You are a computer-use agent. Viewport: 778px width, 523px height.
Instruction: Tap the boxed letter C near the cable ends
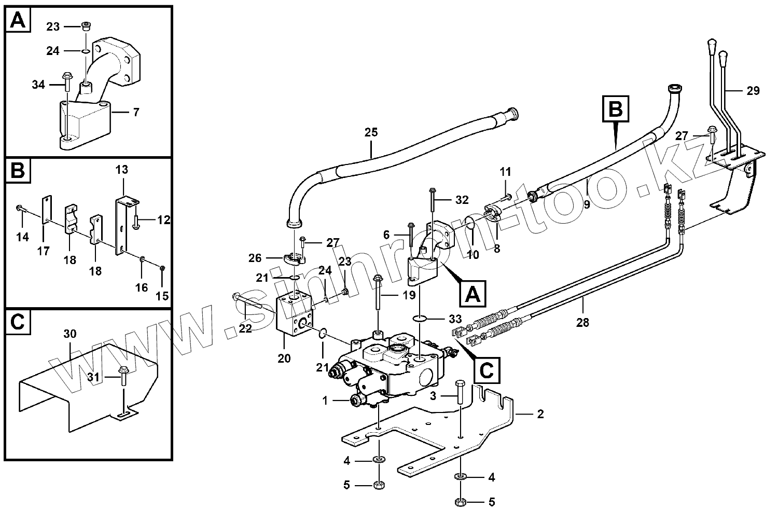click(487, 370)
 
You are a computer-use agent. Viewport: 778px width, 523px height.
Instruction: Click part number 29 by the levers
click(753, 91)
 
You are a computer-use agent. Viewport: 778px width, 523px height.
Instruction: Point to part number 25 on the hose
click(371, 132)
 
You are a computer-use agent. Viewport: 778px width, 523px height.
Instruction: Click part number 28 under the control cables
click(582, 323)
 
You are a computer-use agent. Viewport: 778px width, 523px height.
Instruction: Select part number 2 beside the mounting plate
click(540, 414)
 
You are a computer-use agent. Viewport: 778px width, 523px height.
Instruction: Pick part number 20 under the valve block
click(284, 359)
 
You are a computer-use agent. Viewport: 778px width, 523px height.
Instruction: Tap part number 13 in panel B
click(122, 170)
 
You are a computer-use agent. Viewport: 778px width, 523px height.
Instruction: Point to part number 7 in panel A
click(136, 112)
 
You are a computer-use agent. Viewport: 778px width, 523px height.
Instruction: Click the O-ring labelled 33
click(420, 318)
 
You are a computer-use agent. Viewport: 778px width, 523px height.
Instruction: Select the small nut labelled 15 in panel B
click(162, 268)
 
